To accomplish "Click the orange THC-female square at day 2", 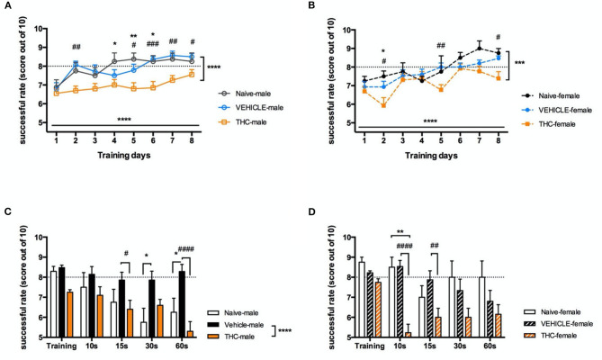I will (384, 105).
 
